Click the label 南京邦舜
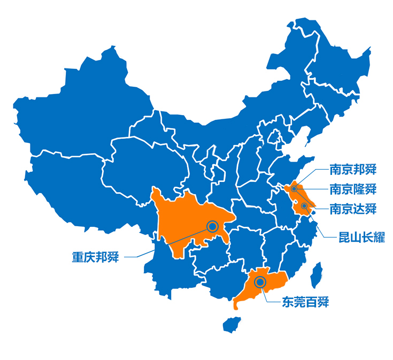[353, 171]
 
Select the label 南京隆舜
[353, 189]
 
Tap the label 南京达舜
[353, 208]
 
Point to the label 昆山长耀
[361, 237]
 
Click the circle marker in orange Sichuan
[213, 226]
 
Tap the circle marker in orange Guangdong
[260, 282]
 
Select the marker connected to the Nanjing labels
[294, 189]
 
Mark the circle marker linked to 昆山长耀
[304, 206]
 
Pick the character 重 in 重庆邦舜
[78, 257]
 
